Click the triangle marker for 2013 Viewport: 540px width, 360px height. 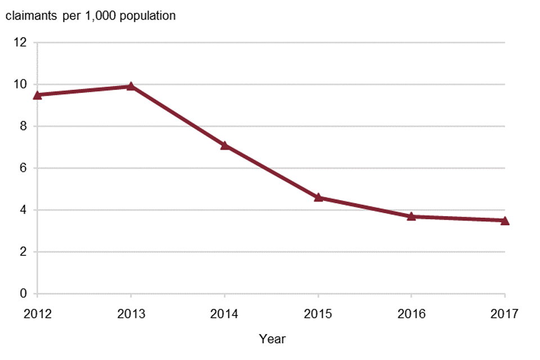pos(130,86)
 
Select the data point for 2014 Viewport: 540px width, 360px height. pos(224,145)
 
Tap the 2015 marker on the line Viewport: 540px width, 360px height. pos(318,197)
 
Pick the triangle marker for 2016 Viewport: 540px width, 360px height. pos(411,216)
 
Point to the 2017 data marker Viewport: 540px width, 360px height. pos(505,220)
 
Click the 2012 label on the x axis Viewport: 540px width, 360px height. pos(37,313)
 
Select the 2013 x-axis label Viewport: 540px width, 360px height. pos(130,313)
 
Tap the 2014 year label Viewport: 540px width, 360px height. pos(224,313)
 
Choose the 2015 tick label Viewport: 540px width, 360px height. pos(318,313)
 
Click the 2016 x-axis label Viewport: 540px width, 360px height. pos(411,313)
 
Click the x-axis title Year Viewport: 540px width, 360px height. pos(272,339)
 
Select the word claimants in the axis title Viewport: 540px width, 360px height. pos(29,16)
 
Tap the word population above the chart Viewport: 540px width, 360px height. pos(146,16)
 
